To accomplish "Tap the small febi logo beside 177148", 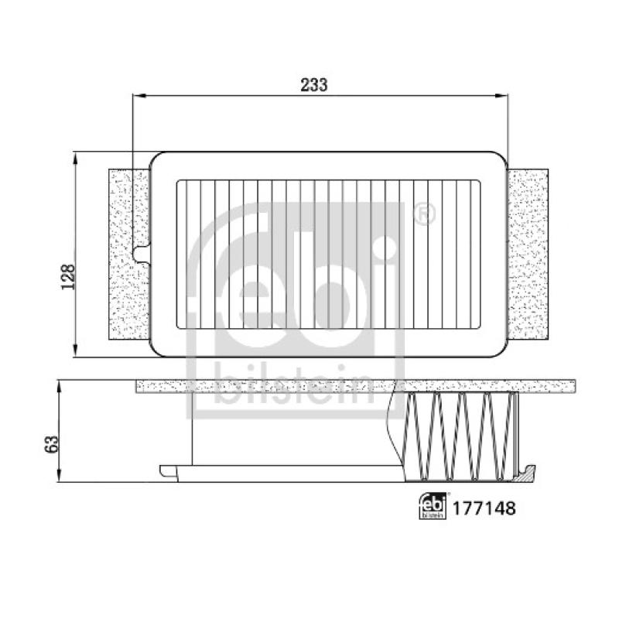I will pyautogui.click(x=433, y=507).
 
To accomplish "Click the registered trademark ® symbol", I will pyautogui.click(x=424, y=214).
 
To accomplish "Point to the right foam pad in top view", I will pyautogui.click(x=528, y=255).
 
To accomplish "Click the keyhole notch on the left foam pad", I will pyautogui.click(x=142, y=254).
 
